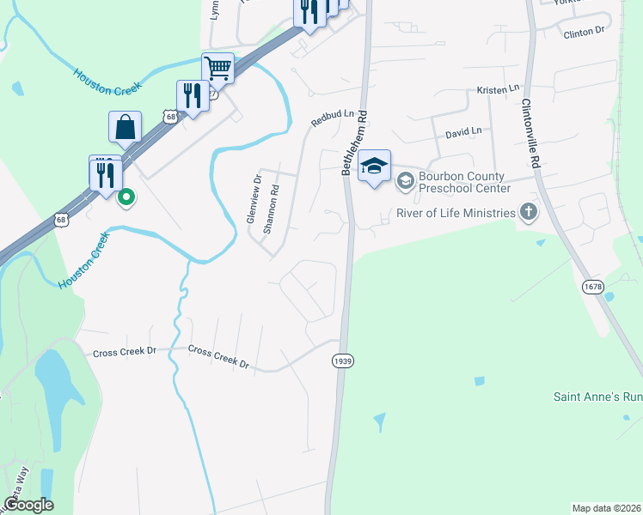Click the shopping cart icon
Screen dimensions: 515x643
point(218,68)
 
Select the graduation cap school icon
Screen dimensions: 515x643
point(375,165)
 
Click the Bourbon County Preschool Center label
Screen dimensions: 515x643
point(464,183)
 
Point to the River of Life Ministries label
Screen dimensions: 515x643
point(455,212)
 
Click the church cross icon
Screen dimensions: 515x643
point(528,212)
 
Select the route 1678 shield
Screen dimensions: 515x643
point(593,287)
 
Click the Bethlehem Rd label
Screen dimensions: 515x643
point(355,142)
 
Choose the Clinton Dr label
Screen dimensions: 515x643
point(584,33)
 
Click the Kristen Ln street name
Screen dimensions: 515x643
point(499,88)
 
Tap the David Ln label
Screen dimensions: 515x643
point(462,133)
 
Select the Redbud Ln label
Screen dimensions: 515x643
point(332,118)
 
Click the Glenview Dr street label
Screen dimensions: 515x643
point(253,199)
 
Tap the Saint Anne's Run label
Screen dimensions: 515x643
point(597,397)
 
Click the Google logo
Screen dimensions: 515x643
point(28,505)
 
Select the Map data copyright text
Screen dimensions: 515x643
point(606,508)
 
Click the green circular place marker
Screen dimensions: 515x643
point(126,198)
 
